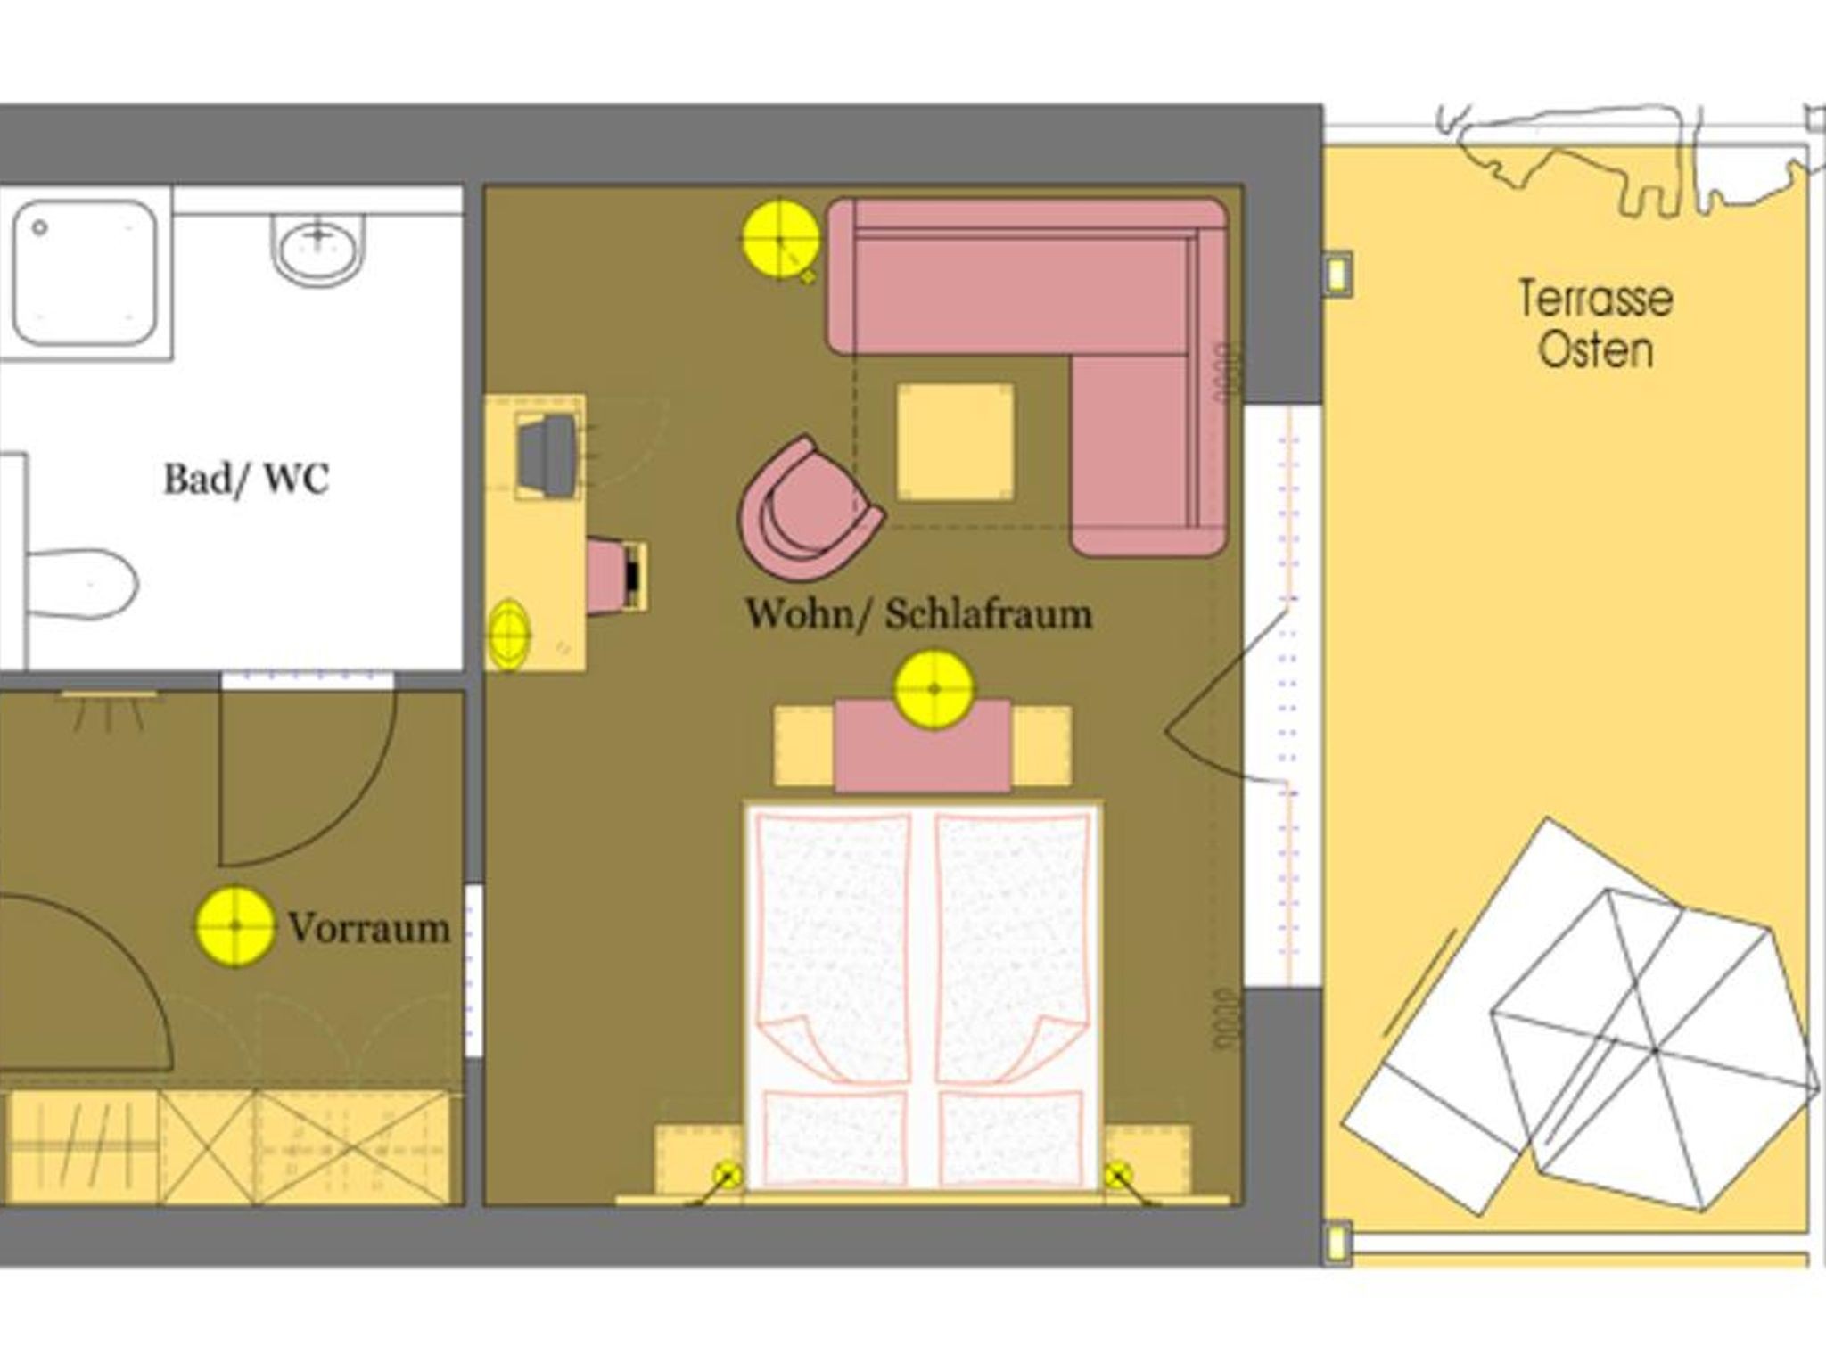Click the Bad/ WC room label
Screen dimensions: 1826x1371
tap(246, 479)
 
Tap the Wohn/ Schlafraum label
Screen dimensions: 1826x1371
tap(919, 613)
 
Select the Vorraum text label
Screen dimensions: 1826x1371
tap(369, 928)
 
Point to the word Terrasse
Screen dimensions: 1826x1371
tap(1596, 298)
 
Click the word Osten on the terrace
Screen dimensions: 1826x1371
tap(1596, 349)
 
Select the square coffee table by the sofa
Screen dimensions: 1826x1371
tap(956, 441)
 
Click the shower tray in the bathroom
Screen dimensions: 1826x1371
tap(86, 273)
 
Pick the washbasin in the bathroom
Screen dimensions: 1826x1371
tap(319, 250)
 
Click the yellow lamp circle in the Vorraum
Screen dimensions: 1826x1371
tap(235, 926)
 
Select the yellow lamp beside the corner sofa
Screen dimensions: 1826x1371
tap(782, 239)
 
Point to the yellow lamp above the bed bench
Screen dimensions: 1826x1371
tap(934, 689)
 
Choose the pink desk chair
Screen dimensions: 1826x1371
tap(615, 577)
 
